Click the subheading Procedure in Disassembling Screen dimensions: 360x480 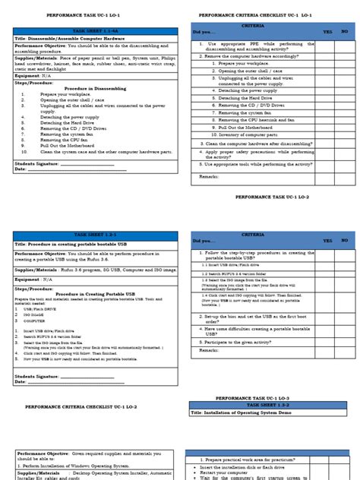(95, 89)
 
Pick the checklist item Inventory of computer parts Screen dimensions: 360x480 (248, 134)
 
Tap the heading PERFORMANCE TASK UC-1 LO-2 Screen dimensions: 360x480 (272, 196)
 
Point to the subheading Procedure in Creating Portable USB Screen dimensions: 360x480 (95, 294)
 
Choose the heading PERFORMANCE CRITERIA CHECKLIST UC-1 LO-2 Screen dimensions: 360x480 (78, 407)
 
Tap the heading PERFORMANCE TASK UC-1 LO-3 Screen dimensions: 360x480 (251, 398)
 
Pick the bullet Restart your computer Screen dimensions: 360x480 (228, 472)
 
